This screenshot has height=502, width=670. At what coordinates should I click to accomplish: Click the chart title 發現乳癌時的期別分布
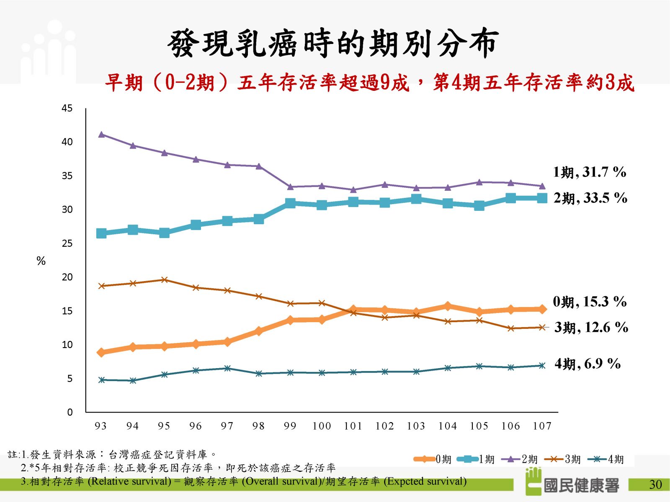point(333,43)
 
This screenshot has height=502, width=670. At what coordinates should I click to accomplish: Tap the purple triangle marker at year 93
point(101,134)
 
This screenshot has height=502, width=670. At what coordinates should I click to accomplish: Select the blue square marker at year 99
point(290,203)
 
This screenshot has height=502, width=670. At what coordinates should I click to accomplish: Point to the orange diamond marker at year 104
point(448,306)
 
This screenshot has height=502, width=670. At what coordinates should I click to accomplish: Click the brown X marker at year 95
point(164,279)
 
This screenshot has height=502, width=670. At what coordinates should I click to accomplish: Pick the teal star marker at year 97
point(227,368)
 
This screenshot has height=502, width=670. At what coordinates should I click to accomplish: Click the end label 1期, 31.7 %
point(590,172)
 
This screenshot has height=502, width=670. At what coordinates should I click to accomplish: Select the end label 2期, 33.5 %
point(590,198)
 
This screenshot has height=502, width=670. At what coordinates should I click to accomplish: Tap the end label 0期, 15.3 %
point(590,302)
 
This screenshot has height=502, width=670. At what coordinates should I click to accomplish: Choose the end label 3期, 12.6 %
point(591,327)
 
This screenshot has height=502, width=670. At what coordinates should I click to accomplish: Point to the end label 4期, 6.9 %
point(588,364)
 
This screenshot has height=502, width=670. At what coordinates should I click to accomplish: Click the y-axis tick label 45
point(67,108)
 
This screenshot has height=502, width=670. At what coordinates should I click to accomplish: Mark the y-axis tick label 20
point(67,277)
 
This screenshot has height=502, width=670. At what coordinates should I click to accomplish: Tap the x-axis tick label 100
point(322,426)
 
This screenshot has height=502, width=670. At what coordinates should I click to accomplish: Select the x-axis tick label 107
point(542,426)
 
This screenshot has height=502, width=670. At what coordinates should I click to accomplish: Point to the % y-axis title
point(41,261)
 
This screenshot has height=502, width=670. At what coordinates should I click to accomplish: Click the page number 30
point(655,484)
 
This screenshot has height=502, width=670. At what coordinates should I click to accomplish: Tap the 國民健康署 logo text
point(581,485)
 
